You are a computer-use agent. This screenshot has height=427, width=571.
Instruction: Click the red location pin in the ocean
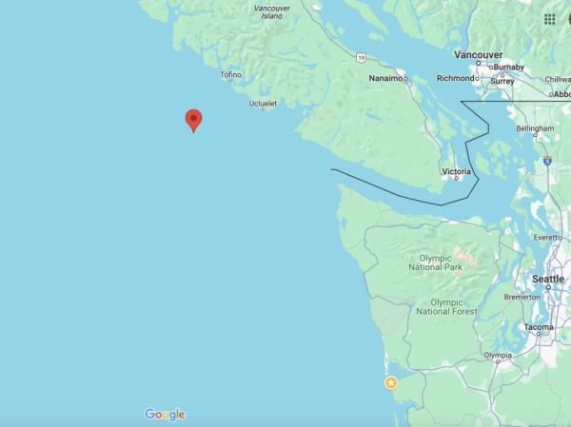(193, 119)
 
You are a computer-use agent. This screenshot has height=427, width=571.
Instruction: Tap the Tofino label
(231, 74)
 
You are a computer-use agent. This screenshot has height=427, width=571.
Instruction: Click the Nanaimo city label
(385, 78)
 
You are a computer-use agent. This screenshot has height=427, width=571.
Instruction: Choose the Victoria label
(457, 171)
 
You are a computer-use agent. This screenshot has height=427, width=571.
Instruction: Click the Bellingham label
(534, 127)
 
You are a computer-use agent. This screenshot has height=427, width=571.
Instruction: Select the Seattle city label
(547, 279)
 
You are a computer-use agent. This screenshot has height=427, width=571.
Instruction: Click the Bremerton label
(522, 298)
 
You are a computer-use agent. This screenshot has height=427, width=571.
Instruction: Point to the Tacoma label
(539, 327)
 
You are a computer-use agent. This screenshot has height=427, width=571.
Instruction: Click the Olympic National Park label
(442, 262)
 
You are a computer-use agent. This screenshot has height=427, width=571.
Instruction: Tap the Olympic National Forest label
(446, 306)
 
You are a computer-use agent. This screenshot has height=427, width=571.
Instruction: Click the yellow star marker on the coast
(390, 382)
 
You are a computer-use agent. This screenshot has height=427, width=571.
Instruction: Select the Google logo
(165, 414)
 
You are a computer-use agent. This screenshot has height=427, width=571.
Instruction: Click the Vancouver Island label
(271, 12)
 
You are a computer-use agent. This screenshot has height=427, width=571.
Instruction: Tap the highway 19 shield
(361, 58)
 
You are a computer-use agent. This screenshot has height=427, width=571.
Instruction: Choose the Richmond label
(455, 78)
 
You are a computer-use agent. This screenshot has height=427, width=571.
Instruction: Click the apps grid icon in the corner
(550, 19)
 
